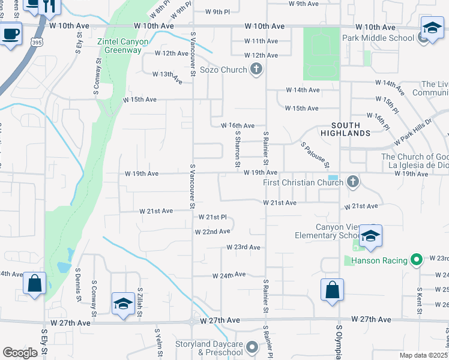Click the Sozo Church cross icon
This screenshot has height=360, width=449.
(256, 70)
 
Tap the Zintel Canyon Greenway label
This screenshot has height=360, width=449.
(119, 46)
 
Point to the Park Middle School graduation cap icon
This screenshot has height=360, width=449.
(431, 28)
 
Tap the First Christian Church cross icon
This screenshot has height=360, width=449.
(353, 181)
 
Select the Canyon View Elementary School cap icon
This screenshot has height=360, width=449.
(371, 236)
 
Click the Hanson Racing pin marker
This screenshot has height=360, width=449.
(417, 260)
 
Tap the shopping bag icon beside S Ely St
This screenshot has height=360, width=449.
(34, 283)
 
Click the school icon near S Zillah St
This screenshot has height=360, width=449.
(123, 303)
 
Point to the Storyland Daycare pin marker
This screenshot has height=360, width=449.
(252, 347)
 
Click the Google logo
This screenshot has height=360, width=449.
(20, 353)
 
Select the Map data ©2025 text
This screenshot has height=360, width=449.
(423, 355)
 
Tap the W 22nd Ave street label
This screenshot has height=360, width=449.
(212, 231)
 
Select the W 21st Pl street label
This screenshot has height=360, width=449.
(213, 217)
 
